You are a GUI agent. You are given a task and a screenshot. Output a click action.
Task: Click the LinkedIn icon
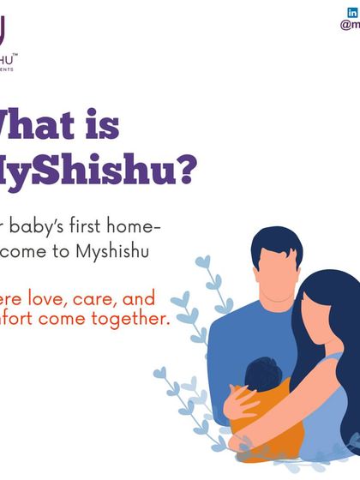point(351,12)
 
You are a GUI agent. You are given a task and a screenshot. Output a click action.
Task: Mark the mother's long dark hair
point(339,343)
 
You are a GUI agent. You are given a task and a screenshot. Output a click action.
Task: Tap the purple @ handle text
point(350,25)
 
